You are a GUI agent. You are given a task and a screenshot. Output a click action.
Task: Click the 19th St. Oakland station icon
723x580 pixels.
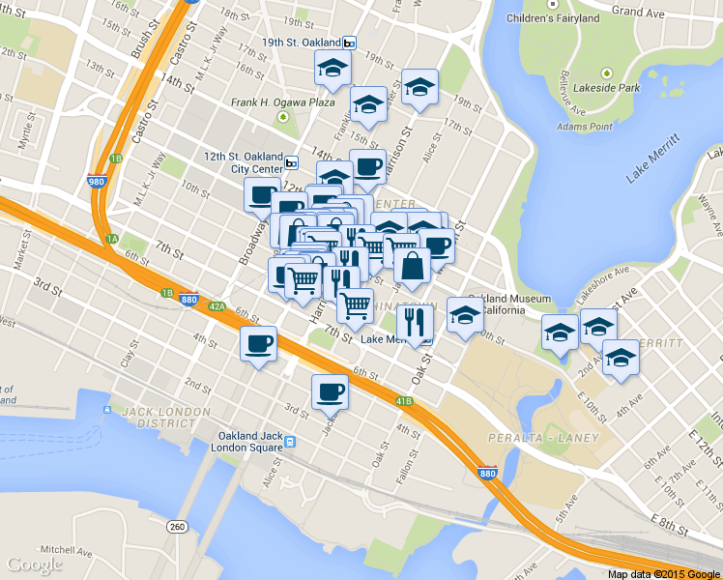pos(349,43)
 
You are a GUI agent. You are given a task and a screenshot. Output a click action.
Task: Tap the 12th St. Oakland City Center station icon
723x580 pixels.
pos(291,162)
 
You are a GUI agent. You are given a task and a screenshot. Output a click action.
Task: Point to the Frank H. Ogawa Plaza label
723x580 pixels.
pos(282,101)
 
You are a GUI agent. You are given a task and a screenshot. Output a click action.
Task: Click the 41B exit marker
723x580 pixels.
pos(403,400)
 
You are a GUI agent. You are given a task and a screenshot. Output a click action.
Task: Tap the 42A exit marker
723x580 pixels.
pos(217,306)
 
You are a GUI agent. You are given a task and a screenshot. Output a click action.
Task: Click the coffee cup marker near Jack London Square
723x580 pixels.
pos(329,391)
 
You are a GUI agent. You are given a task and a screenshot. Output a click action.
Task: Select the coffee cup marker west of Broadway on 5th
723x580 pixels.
pos(258,343)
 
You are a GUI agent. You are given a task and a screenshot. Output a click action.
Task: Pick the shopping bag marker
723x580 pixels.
pos(413,266)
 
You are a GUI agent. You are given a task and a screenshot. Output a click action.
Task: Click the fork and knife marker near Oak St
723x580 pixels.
pos(415,322)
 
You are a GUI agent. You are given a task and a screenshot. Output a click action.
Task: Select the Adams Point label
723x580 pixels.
pos(584,127)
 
